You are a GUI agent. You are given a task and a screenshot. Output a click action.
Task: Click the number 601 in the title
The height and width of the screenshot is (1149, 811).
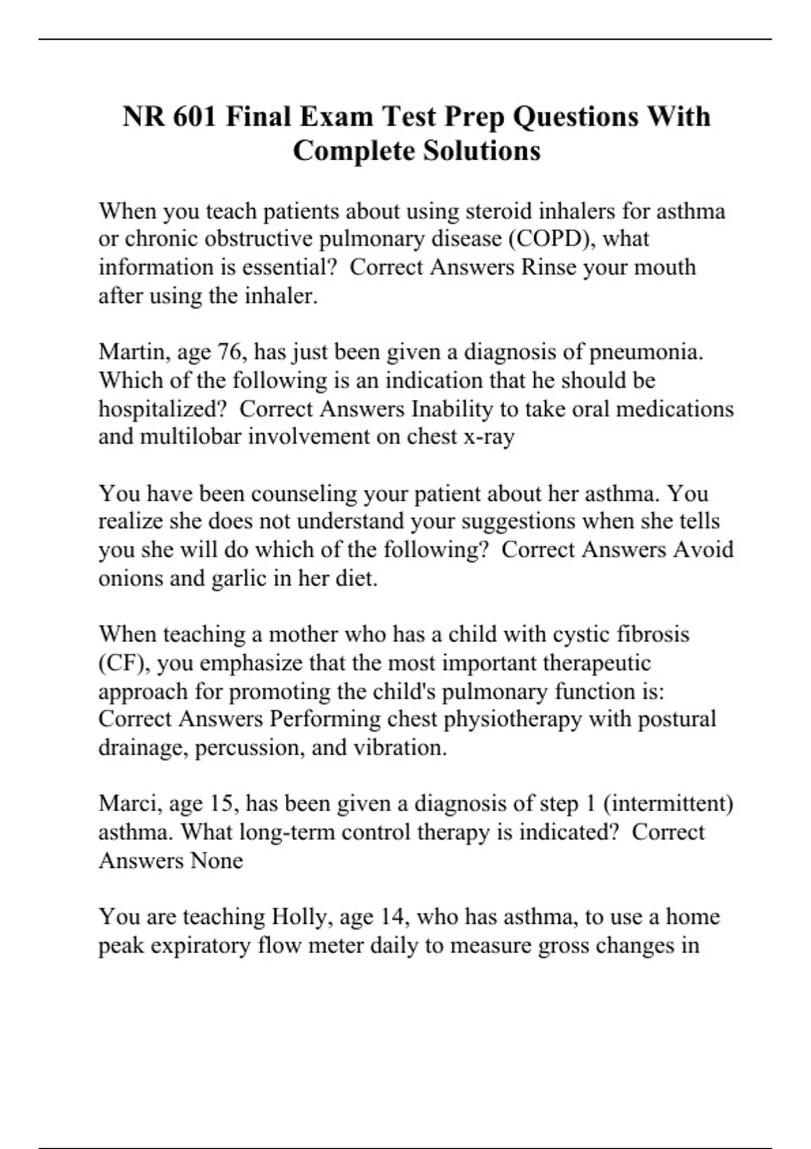coord(195,117)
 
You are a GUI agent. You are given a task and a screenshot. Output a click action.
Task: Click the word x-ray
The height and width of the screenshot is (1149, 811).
coord(489,437)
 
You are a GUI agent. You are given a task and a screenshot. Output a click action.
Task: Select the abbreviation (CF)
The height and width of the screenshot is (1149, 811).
coord(124,664)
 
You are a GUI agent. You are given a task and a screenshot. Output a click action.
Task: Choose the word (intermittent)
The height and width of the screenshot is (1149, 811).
coord(668,804)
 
